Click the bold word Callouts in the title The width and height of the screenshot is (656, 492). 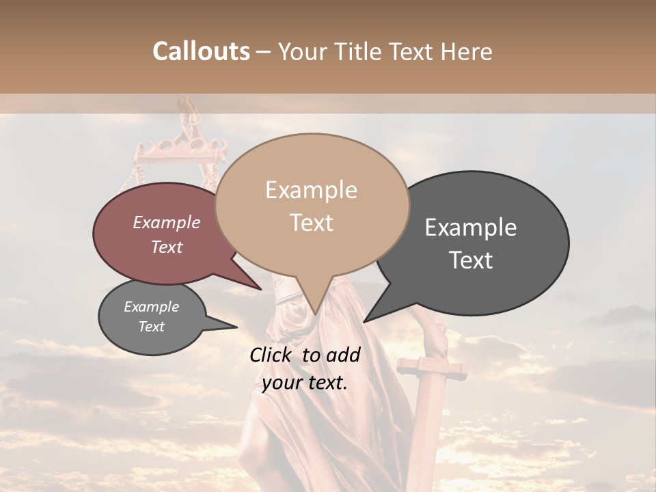click(x=201, y=51)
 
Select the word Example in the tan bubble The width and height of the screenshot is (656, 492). click(x=311, y=190)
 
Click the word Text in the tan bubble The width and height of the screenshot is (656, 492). click(x=311, y=222)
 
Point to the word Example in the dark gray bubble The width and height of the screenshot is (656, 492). click(x=471, y=228)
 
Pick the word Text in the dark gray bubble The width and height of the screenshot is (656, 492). click(x=471, y=260)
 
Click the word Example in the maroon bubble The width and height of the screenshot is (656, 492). click(x=166, y=222)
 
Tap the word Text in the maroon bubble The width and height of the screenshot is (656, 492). click(x=166, y=247)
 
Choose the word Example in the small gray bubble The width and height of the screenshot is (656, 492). click(x=151, y=307)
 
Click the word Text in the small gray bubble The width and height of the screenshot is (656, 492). click(x=151, y=327)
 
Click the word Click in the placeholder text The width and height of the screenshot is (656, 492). click(x=272, y=355)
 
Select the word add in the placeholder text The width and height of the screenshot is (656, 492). click(x=344, y=355)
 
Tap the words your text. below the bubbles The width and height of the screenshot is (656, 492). click(x=304, y=383)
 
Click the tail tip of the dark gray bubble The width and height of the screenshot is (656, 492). click(x=364, y=322)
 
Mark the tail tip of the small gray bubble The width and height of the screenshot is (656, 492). click(x=237, y=327)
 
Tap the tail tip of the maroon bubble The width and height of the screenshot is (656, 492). click(x=262, y=290)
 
